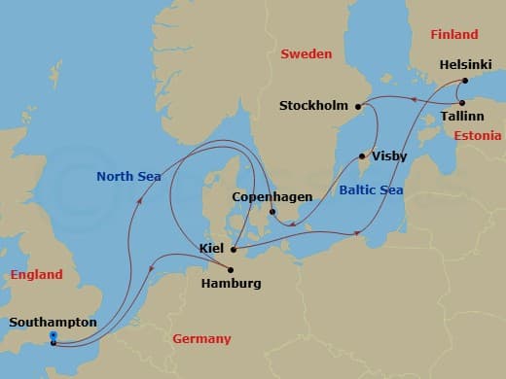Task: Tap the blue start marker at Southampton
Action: pyautogui.click(x=53, y=336)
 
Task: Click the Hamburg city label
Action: pyautogui.click(x=230, y=284)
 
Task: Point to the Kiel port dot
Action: pyautogui.click(x=235, y=249)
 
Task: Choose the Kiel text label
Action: pyautogui.click(x=212, y=249)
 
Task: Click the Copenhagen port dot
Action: pyautogui.click(x=272, y=212)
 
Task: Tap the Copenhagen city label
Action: pyautogui.click(x=272, y=197)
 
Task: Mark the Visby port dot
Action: pyautogui.click(x=362, y=155)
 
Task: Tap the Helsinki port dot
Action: pyautogui.click(x=465, y=81)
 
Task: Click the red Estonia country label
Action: pyautogui.click(x=478, y=136)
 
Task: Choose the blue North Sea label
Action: pyautogui.click(x=127, y=176)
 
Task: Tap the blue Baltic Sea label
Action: pyautogui.click(x=371, y=190)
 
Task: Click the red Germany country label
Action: pyautogui.click(x=201, y=339)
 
